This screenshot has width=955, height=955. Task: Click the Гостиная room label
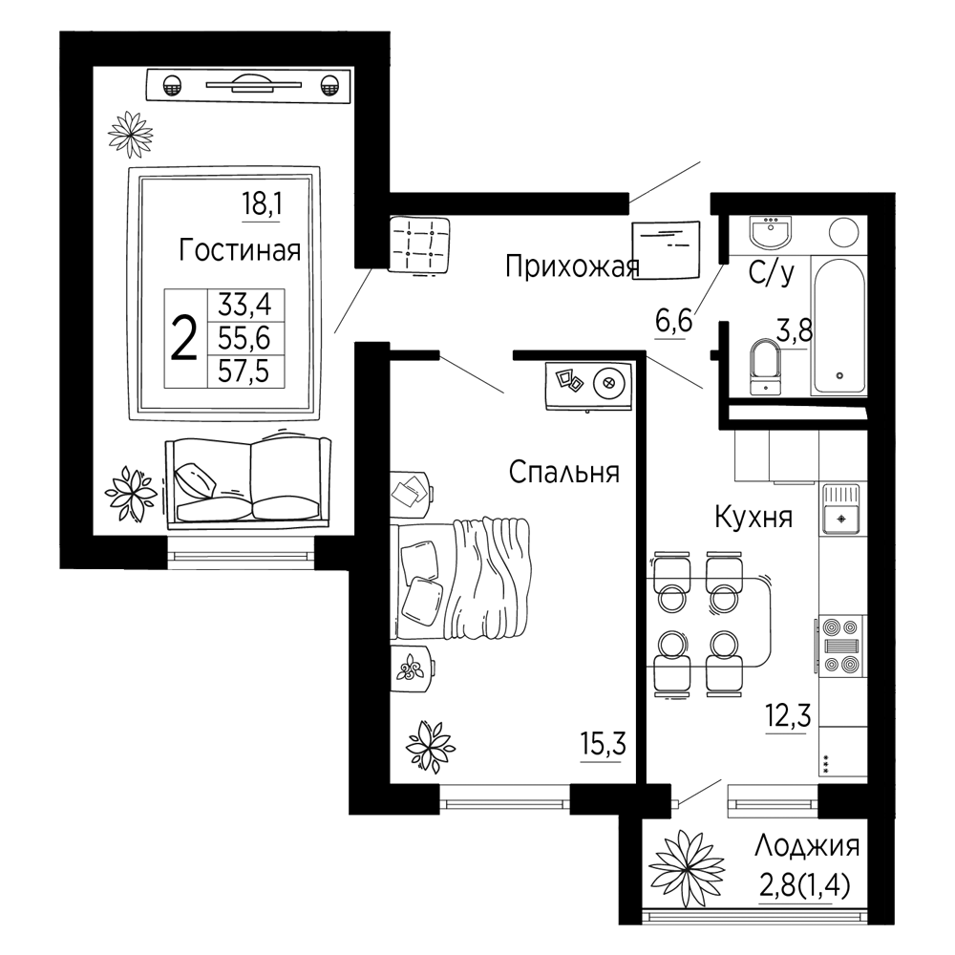point(240,250)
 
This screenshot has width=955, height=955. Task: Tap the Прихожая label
point(572,266)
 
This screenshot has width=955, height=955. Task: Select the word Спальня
point(564,472)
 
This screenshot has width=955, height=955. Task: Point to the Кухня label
point(753,517)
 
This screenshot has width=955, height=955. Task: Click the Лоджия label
point(807,846)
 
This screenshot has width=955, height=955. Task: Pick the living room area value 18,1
point(262,203)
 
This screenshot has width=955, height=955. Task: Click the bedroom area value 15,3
point(603,744)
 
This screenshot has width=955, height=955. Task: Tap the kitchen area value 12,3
point(788,715)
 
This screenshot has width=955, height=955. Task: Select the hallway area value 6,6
point(673,320)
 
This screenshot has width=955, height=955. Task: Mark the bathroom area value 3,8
point(795,332)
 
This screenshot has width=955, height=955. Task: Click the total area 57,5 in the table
point(244,371)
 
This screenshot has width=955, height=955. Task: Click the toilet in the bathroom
point(766,367)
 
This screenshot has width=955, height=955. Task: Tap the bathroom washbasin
point(771,232)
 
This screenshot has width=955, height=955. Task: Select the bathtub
point(838,326)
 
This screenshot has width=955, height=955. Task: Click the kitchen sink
point(841,509)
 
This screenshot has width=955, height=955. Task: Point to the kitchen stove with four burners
point(841,646)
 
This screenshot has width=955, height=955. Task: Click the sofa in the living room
point(248,481)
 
